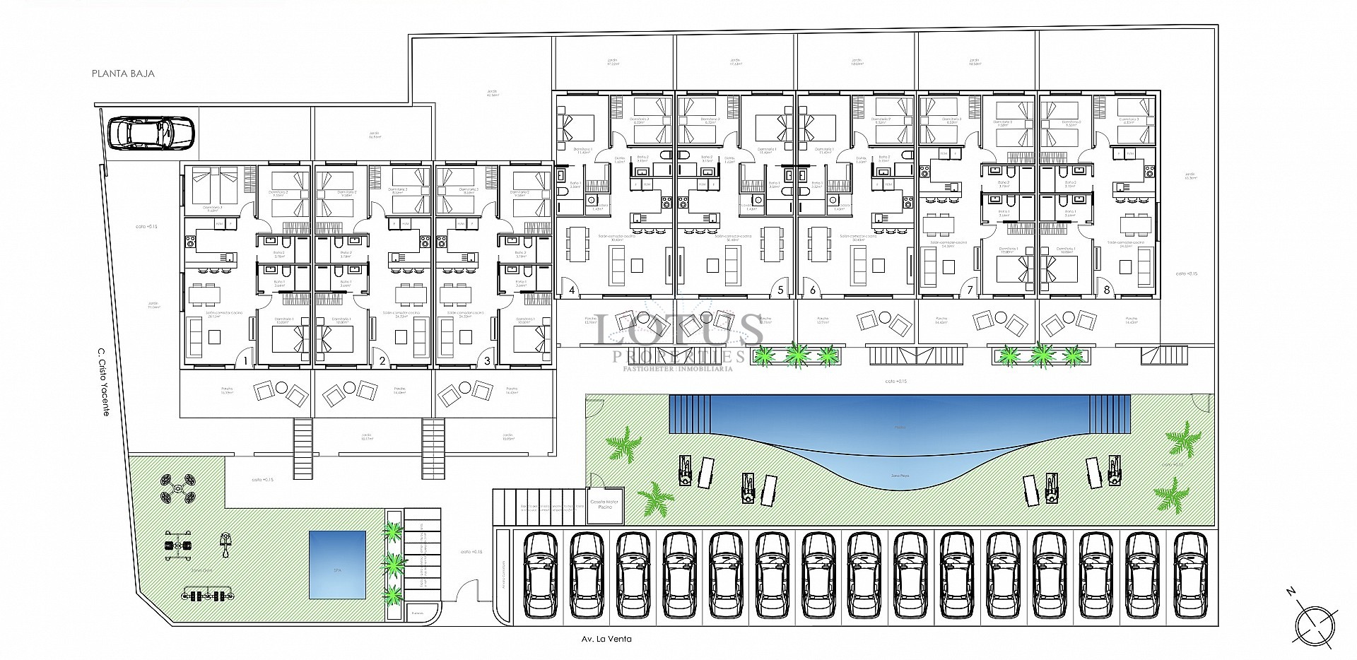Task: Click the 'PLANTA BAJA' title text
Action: tap(123, 73)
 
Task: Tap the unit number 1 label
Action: tap(246, 361)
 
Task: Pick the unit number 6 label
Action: tap(813, 290)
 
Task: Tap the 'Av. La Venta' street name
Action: tap(604, 639)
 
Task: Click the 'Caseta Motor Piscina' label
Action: tap(603, 505)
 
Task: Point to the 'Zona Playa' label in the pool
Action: tap(900, 476)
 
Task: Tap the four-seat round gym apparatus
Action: tap(178, 488)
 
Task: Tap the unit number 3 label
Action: tap(488, 361)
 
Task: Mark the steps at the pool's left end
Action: tap(688, 413)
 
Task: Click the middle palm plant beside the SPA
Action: tap(395, 563)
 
